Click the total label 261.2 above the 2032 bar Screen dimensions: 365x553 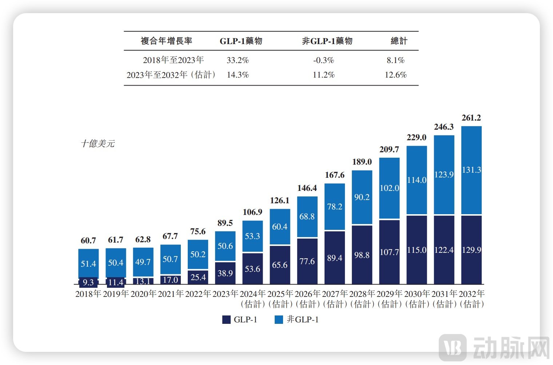coord(471,118)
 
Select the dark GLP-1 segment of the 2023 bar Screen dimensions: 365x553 coord(225,273)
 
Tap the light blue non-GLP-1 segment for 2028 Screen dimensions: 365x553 coord(362,197)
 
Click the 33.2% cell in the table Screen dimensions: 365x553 coord(238,60)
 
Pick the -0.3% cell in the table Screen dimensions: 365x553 coord(323,60)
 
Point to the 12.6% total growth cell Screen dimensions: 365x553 coord(395,75)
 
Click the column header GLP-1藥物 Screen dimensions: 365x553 coord(241,41)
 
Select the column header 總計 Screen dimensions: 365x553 coord(399,41)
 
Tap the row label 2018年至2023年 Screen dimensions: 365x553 coord(173,60)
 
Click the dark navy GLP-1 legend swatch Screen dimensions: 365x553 coord(226,319)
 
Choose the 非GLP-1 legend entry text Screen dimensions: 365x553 coord(303,319)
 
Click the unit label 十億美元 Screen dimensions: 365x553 coord(98,144)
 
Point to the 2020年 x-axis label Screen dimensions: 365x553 coord(143,294)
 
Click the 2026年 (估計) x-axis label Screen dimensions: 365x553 coord(307,299)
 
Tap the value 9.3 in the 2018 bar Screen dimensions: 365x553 coord(88,282)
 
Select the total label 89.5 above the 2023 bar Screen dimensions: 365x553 coord(225,223)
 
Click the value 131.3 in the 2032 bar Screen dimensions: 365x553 coord(472,170)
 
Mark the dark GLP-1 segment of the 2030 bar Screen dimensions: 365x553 coord(417,250)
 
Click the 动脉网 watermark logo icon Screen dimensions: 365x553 coord(453,347)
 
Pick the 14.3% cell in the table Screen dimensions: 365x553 coord(238,75)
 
